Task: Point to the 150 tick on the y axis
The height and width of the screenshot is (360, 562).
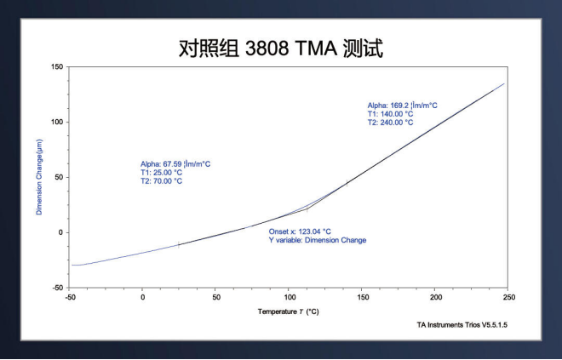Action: coord(58,66)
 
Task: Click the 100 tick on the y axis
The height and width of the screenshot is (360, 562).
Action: coord(58,122)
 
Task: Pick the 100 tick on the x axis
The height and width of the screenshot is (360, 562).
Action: coord(290,296)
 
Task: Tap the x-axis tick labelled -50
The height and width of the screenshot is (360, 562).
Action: coord(70,296)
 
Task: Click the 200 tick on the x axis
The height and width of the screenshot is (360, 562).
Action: coord(436,296)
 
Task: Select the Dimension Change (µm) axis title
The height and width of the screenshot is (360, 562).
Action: coord(39,177)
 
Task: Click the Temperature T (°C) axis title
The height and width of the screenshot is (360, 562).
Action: coord(289,311)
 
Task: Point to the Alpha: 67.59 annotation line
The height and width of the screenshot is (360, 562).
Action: coord(175,163)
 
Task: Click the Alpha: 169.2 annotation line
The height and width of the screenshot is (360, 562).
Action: coord(402,106)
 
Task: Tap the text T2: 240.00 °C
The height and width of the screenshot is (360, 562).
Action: coord(390,123)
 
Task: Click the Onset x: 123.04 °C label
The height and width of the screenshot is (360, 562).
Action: coord(300,231)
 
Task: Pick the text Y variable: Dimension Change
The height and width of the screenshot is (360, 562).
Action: coord(318,240)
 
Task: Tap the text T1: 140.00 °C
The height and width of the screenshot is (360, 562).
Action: coord(390,114)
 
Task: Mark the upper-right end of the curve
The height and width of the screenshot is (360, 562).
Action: coord(504,83)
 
